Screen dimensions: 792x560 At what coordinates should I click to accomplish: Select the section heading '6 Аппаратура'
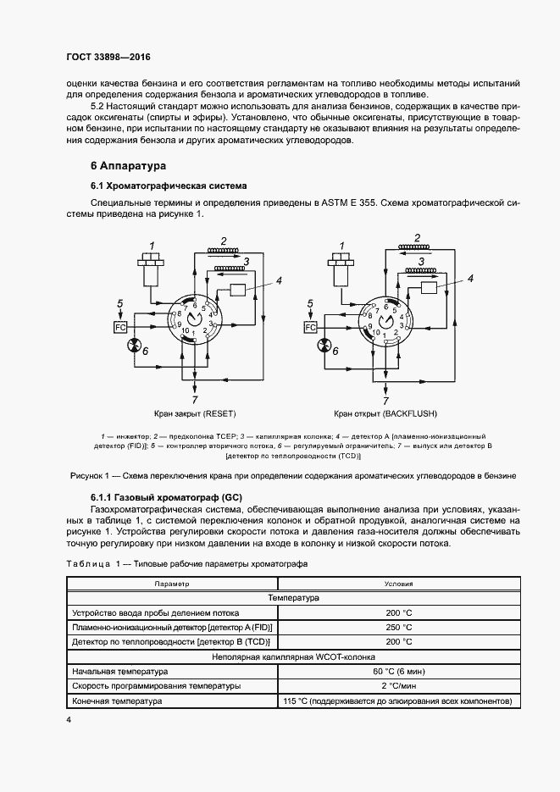[x=128, y=165]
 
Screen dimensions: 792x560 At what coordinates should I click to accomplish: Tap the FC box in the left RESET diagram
[x=120, y=327]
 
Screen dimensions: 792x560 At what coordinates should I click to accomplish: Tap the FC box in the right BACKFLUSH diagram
[x=310, y=327]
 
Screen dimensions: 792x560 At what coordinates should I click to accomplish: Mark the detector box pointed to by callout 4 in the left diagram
[x=236, y=290]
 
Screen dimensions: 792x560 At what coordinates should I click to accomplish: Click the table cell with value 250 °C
[x=398, y=627]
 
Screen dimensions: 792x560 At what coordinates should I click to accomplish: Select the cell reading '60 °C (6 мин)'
[x=398, y=670]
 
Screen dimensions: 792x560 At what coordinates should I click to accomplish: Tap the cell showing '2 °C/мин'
[x=398, y=685]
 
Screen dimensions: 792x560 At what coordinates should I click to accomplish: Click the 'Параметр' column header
[x=172, y=584]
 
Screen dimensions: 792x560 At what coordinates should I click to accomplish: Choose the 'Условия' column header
[x=398, y=584]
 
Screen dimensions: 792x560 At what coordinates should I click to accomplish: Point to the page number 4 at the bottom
[x=69, y=719]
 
